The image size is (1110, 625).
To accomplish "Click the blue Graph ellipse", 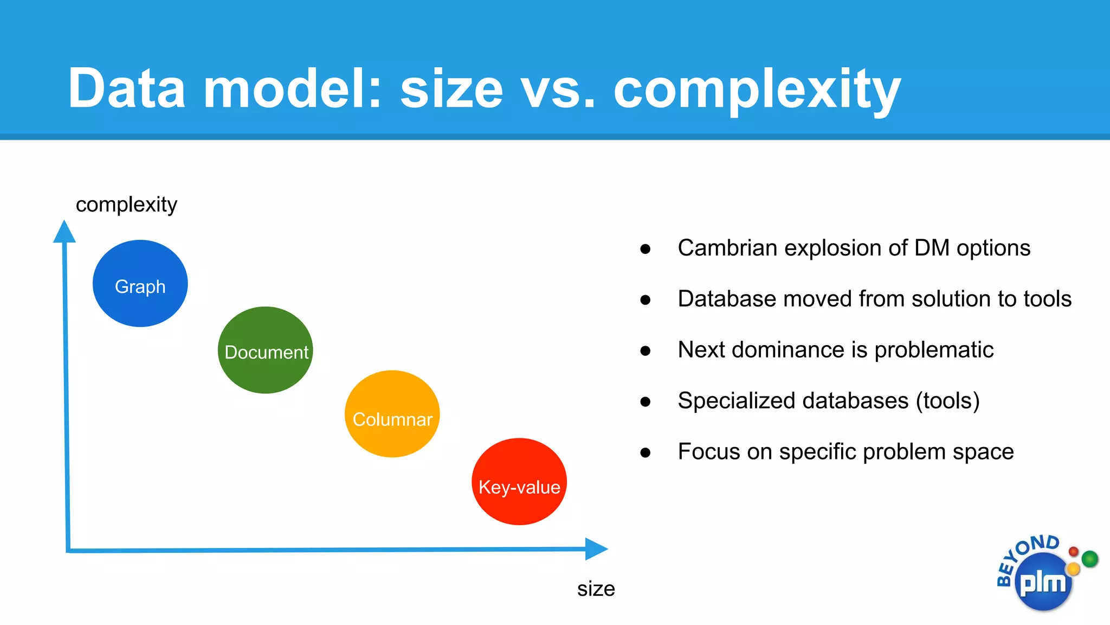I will coord(140,283).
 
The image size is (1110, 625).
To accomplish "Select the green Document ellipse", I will coord(265,350).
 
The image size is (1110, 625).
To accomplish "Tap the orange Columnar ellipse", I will coord(392,414).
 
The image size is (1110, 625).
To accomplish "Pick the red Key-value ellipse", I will coord(519,482).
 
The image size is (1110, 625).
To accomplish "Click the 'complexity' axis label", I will coord(126,205).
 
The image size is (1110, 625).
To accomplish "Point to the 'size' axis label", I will coord(596,589).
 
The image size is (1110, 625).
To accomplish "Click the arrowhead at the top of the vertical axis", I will coord(64,232).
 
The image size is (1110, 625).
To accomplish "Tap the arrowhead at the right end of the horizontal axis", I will coord(596,549).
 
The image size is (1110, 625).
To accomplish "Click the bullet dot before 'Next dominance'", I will coord(645,351).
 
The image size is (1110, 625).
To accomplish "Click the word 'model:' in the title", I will coord(293,88).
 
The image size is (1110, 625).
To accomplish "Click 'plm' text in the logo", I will coord(1042,583).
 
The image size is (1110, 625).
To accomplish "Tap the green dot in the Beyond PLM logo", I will coord(1089,558).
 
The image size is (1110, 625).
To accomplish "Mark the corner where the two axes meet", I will coord(68,551).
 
